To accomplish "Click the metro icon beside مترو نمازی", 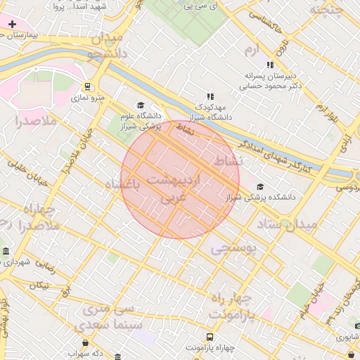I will pyautogui.click(x=87, y=87).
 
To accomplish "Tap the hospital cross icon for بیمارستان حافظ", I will pyautogui.click(x=12, y=25).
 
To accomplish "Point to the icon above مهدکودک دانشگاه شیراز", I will pyautogui.click(x=209, y=96).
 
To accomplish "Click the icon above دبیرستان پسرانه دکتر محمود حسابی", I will pyautogui.click(x=270, y=65).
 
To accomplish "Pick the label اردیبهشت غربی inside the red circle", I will pyautogui.click(x=176, y=189).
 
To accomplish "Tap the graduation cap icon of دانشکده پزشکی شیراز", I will pyautogui.click(x=261, y=186).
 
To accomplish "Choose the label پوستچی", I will pyautogui.click(x=233, y=247).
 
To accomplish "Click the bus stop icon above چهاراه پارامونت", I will pyautogui.click(x=210, y=337).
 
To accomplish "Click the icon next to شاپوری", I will pyautogui.click(x=339, y=337).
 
